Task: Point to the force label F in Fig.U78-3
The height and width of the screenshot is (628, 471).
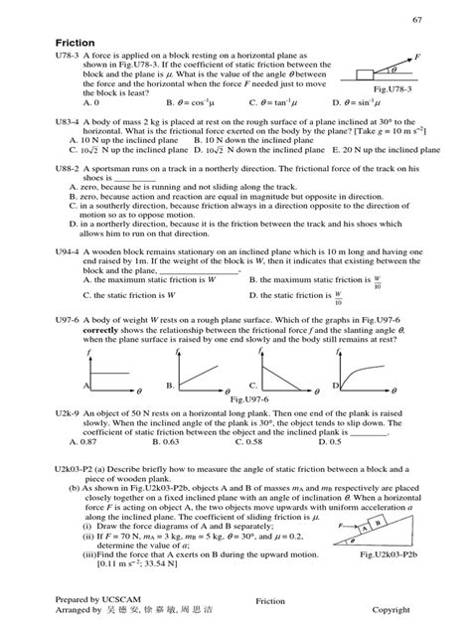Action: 416,57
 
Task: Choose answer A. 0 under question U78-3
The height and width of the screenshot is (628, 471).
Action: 91,102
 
